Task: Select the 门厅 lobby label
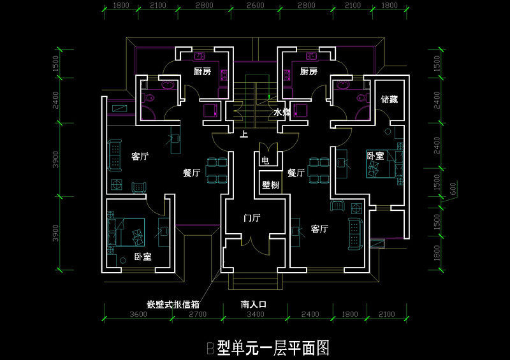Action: coord(252,218)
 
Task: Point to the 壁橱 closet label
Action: coord(270,185)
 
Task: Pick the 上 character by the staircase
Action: coord(244,134)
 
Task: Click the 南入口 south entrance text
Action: coord(253,304)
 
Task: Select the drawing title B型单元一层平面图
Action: coord(267,347)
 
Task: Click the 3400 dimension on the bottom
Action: coord(255,314)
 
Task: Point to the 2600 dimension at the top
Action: coord(255,6)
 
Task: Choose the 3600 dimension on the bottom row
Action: coord(139,314)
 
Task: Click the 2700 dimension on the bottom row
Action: coord(198,314)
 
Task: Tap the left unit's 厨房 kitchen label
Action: coord(202,71)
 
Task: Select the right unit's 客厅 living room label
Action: coord(319,229)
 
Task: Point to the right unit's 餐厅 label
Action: coord(296,173)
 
